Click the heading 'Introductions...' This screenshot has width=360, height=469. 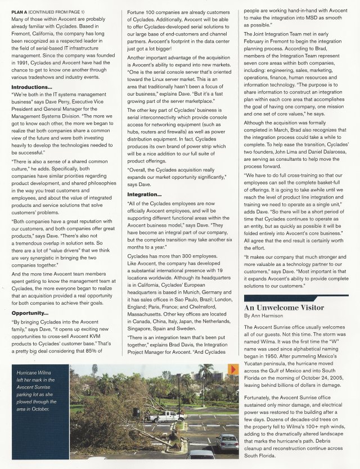pyautogui.click(x=31, y=88)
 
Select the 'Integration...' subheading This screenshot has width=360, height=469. pyautogui.click(x=147, y=194)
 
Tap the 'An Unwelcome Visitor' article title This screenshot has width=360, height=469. pyautogui.click(x=283, y=308)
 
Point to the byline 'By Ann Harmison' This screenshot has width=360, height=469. pyautogui.click(x=264, y=317)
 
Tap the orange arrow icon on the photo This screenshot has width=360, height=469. pyautogui.click(x=233, y=369)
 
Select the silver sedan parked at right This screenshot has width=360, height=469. pyautogui.click(x=227, y=443)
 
